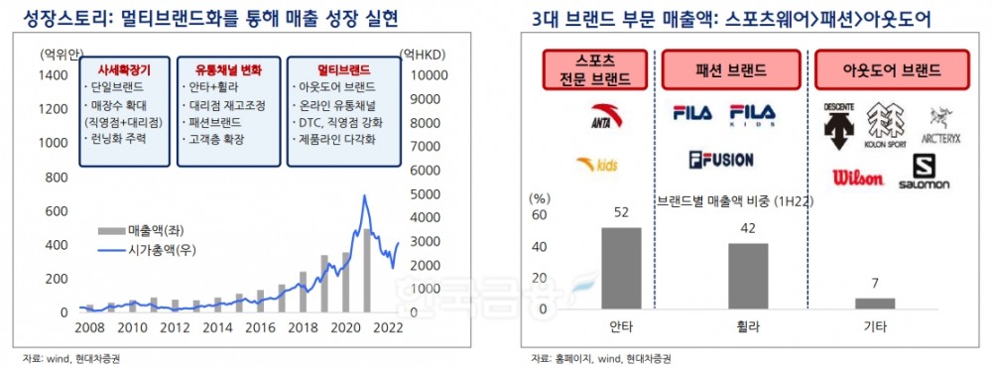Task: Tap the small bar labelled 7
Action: point(875,303)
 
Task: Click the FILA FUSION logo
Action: point(720,159)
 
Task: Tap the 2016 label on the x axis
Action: point(260,327)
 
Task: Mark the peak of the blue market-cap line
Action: point(365,196)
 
